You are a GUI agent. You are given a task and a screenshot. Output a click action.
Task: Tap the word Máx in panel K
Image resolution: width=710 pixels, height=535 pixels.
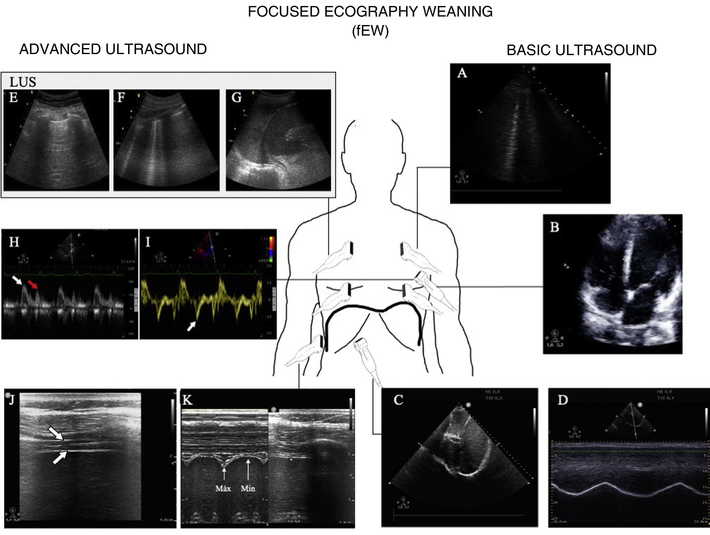(223, 488)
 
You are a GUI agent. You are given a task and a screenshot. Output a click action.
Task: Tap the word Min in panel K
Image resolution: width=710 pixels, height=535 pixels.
(248, 488)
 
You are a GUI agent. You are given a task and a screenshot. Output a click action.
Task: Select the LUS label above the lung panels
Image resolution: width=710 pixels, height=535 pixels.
(23, 82)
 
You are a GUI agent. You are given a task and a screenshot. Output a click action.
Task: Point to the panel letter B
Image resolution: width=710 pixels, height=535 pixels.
(555, 227)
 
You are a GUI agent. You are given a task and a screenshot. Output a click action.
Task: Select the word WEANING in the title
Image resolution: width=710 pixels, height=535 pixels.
(458, 12)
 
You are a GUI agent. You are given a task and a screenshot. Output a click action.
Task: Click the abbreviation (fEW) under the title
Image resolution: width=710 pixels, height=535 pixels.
(370, 31)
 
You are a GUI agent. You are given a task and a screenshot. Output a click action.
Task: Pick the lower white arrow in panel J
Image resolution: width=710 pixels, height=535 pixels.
(60, 457)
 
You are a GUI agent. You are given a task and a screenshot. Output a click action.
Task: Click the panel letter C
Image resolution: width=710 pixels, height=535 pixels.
(398, 400)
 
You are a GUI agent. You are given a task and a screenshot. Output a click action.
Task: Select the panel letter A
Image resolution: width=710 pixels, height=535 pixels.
(462, 73)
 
